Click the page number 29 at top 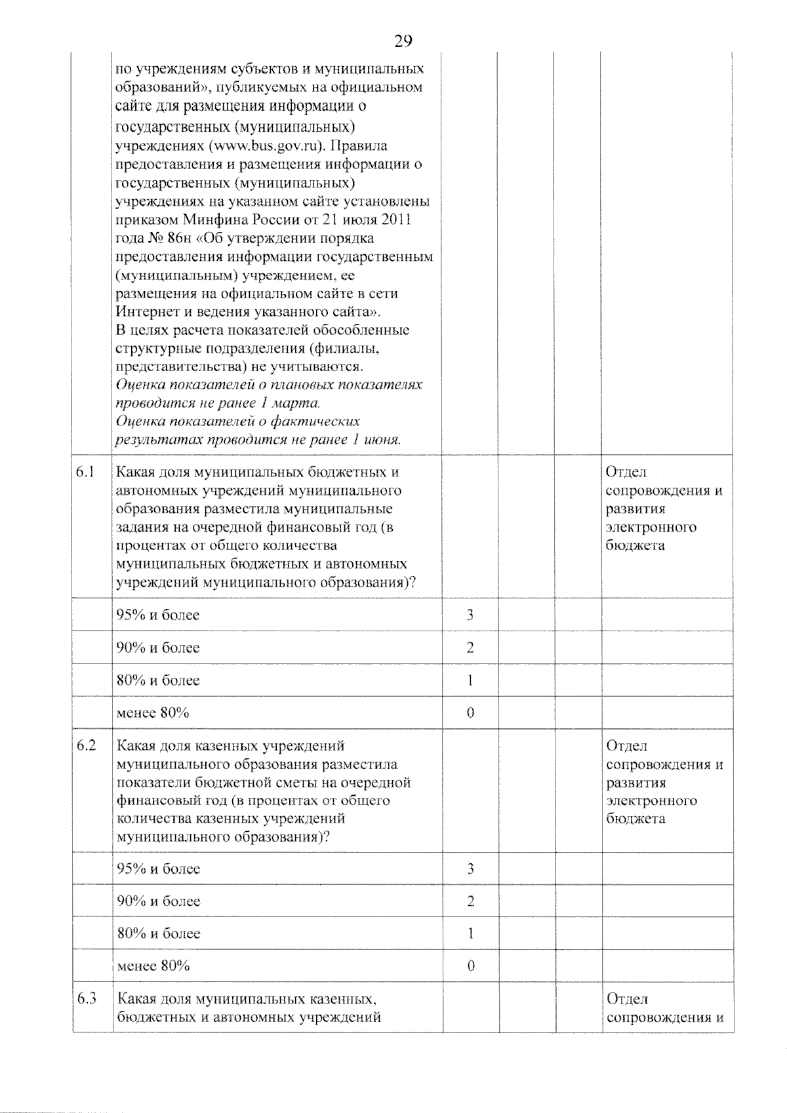[403, 41]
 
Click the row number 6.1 [86, 472]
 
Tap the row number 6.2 [86, 745]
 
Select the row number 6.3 [86, 999]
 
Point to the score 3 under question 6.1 [470, 615]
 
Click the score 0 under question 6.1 [470, 713]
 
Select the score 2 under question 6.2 [470, 901]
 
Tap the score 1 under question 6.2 [470, 933]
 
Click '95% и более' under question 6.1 [158, 615]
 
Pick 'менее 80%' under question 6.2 [153, 966]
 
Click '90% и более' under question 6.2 [158, 901]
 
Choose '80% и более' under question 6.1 [158, 680]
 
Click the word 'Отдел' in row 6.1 [626, 472]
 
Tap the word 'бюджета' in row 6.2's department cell [636, 819]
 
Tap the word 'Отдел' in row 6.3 [627, 999]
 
